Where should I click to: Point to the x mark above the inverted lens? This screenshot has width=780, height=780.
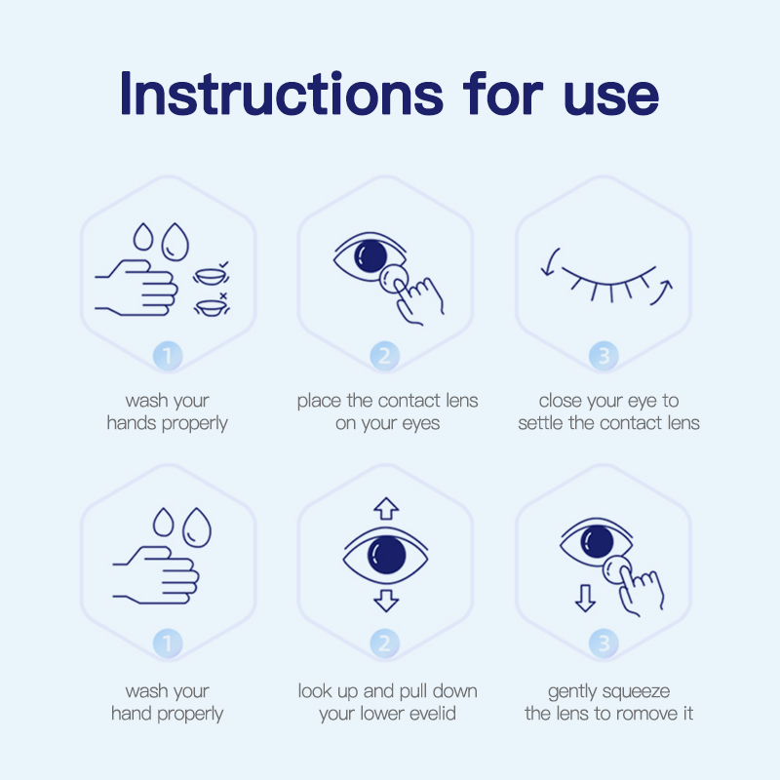(x=223, y=295)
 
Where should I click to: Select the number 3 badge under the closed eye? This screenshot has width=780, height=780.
(x=604, y=356)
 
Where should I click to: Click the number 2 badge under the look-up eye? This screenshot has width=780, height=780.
(x=386, y=643)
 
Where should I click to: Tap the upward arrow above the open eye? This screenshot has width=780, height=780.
(x=387, y=508)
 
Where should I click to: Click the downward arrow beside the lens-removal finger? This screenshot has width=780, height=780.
(x=584, y=597)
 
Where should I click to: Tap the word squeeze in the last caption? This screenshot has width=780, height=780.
(x=636, y=691)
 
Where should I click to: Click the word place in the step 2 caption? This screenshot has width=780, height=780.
(x=320, y=401)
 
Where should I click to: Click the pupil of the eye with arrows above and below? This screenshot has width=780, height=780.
(x=385, y=556)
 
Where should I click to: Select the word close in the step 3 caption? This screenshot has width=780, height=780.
(x=561, y=401)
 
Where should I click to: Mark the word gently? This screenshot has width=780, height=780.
(x=572, y=691)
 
